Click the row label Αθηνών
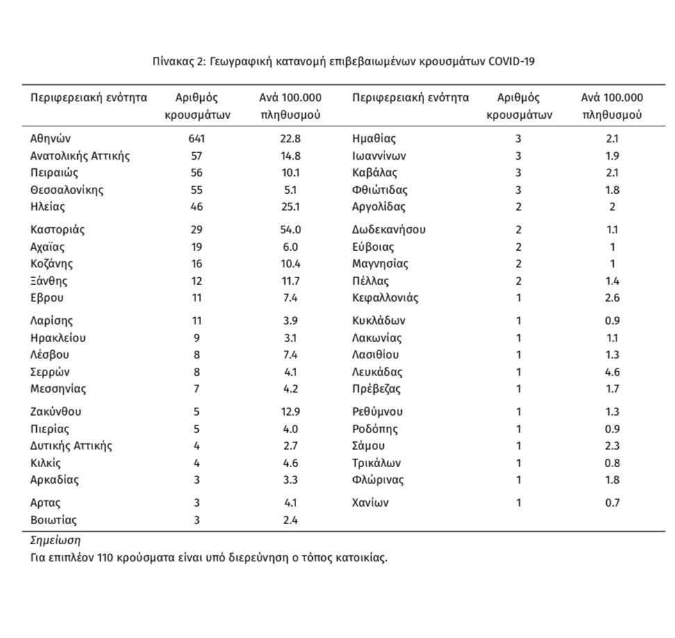(x=51, y=138)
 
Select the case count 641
(x=197, y=138)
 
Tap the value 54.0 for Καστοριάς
(x=290, y=229)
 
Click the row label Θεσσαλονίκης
(x=67, y=189)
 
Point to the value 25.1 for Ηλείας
(x=290, y=206)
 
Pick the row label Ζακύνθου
(x=56, y=411)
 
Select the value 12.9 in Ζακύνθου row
(x=290, y=411)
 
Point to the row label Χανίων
(x=371, y=502)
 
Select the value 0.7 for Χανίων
(x=612, y=502)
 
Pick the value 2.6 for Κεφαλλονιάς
(x=612, y=297)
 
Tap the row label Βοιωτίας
(x=54, y=520)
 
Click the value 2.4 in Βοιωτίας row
(x=290, y=520)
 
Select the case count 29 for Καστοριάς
(x=197, y=229)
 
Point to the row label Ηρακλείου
(x=58, y=338)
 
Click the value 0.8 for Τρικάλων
(x=612, y=463)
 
